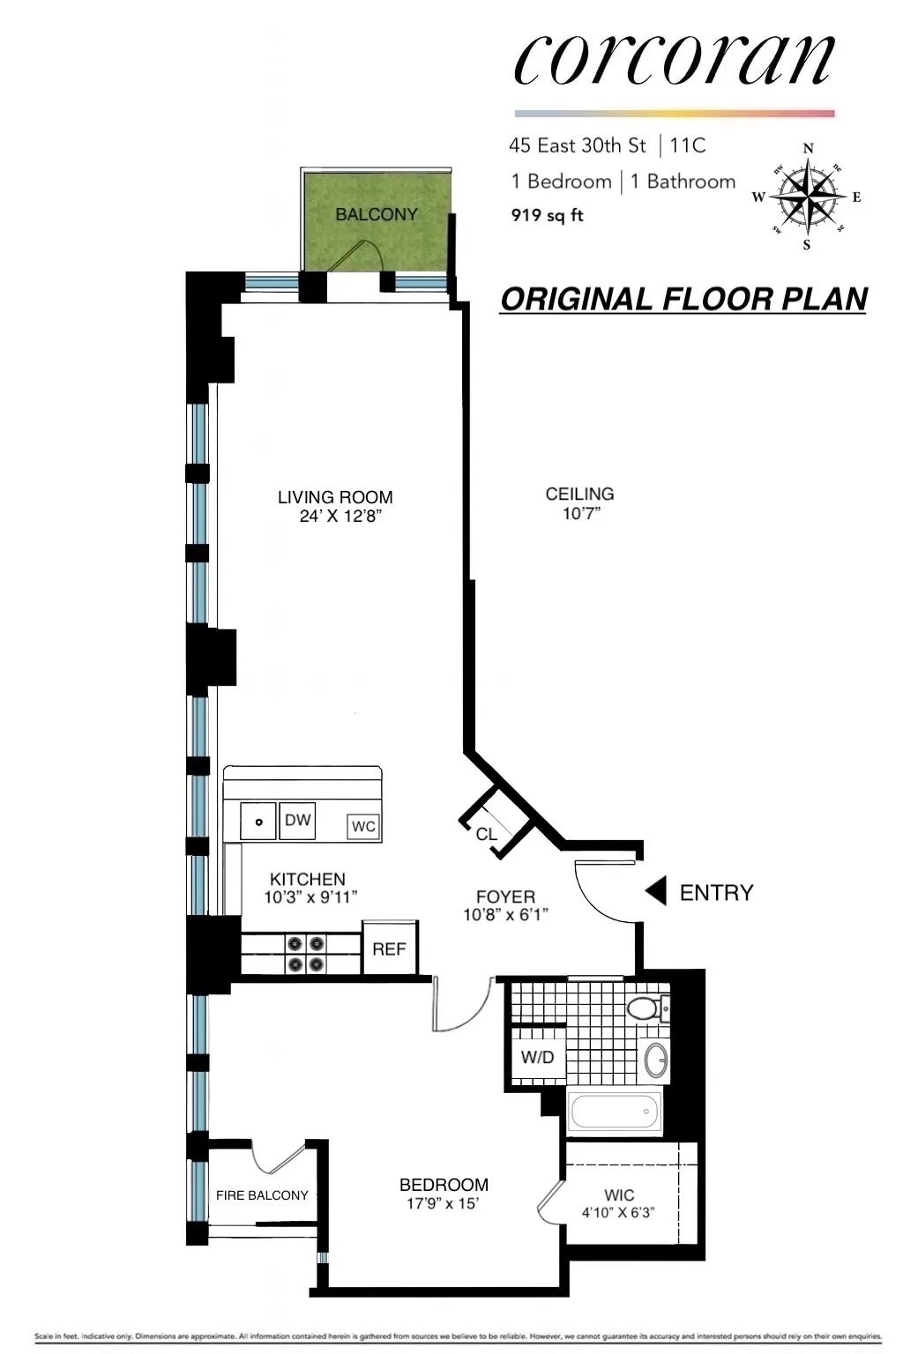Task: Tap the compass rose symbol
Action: point(807,196)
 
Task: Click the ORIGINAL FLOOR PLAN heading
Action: point(683,300)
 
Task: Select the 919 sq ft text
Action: point(547,215)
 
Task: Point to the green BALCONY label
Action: point(376,214)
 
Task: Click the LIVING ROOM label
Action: point(335,497)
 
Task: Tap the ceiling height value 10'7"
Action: point(580,514)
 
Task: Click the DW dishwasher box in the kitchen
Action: point(298,820)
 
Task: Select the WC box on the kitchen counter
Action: point(363,826)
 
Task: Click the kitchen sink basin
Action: point(258,822)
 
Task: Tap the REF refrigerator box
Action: point(389,949)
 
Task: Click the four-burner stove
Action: point(306,954)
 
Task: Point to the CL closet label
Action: point(486,834)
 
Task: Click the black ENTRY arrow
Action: point(655,892)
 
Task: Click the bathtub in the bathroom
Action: point(615,1112)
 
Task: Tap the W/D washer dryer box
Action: point(537,1057)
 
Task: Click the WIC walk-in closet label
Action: point(618,1194)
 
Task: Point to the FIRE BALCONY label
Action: point(262,1195)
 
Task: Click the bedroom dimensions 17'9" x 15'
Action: point(442,1204)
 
